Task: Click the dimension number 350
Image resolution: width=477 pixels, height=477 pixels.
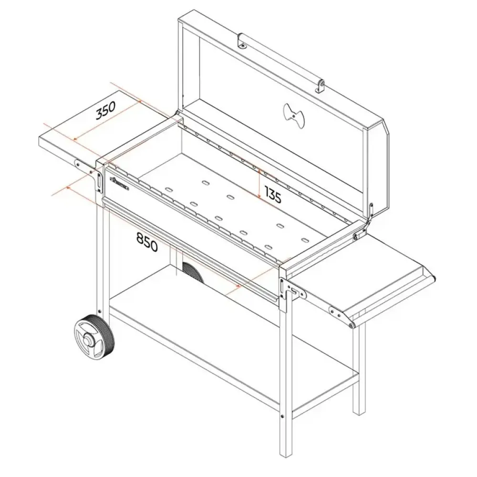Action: click(x=106, y=111)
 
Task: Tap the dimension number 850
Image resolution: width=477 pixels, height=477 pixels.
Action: click(x=147, y=242)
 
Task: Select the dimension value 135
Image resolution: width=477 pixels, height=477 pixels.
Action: click(x=273, y=194)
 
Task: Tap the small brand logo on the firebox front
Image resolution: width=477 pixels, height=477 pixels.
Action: click(x=120, y=184)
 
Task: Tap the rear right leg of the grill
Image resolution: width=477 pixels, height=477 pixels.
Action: click(x=359, y=368)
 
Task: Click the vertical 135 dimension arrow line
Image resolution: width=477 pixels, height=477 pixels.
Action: click(x=259, y=184)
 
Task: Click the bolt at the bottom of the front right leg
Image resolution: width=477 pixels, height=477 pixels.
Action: click(x=282, y=416)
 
